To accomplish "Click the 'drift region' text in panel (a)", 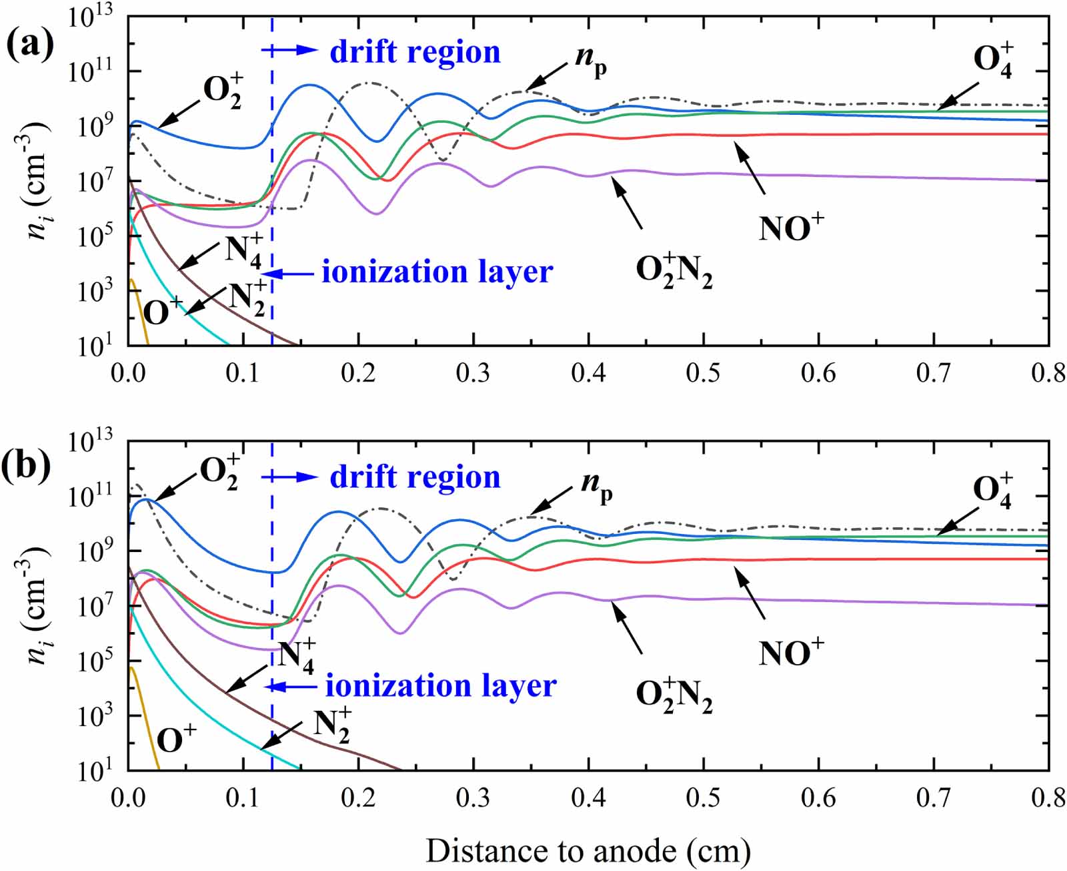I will tap(415, 52).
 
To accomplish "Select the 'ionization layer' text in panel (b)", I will tap(441, 685).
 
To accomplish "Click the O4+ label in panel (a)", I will tap(994, 60).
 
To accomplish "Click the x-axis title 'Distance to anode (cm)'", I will tap(588, 851).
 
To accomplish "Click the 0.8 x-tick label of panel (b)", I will tap(1048, 798).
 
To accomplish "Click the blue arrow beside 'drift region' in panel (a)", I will tap(291, 50).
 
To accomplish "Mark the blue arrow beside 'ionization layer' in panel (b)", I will tap(291, 687).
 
